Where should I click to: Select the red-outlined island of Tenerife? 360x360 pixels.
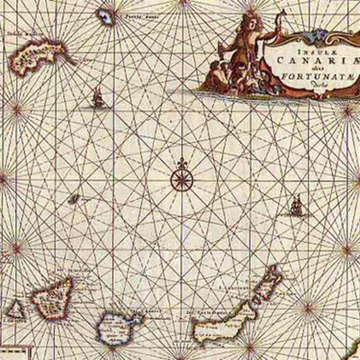pos(52,301)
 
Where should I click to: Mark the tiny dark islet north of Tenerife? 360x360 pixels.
pos(80,201)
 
